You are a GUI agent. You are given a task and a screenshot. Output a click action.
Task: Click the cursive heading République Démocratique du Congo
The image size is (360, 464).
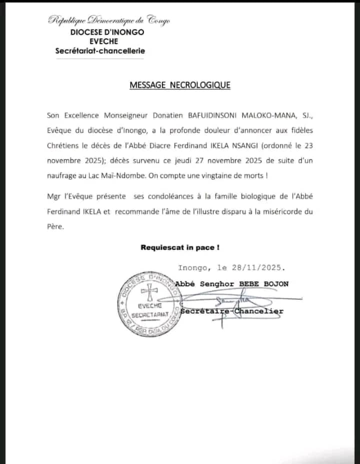coord(109,20)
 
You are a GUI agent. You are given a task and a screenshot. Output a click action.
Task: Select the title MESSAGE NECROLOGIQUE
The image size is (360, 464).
coord(180,85)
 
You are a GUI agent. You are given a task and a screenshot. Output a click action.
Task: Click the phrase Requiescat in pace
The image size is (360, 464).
coord(180,247)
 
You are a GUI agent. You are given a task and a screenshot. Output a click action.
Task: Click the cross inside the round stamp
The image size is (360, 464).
coord(148,291)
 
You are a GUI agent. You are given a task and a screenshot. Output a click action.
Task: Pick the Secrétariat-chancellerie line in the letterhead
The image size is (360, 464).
coord(101,50)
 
